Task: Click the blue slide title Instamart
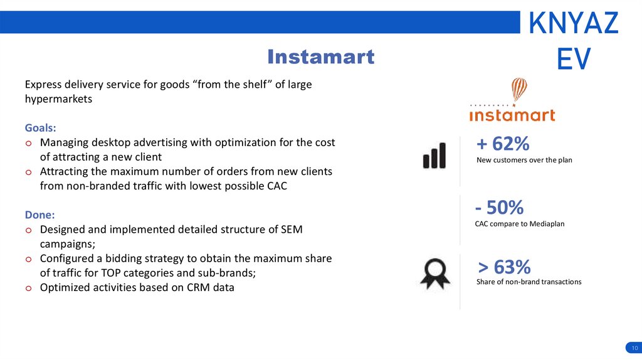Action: pos(320,56)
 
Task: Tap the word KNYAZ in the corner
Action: pos(573,23)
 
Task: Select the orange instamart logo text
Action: pos(512,115)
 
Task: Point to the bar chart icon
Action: pos(434,155)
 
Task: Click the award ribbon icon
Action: pos(435,273)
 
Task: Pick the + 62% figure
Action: pos(503,144)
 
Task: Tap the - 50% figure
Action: pos(499,207)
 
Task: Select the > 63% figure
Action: pos(504,267)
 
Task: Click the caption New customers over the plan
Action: pos(524,160)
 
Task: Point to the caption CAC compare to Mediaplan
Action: pos(520,224)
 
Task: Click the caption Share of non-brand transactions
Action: pos(529,282)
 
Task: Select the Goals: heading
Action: pos(40,128)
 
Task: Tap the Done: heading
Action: pos(39,214)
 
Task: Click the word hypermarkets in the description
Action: pos(58,99)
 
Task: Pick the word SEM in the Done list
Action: pos(292,230)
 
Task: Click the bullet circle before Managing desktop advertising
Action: pos(28,144)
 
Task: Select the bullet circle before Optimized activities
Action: pos(28,289)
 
